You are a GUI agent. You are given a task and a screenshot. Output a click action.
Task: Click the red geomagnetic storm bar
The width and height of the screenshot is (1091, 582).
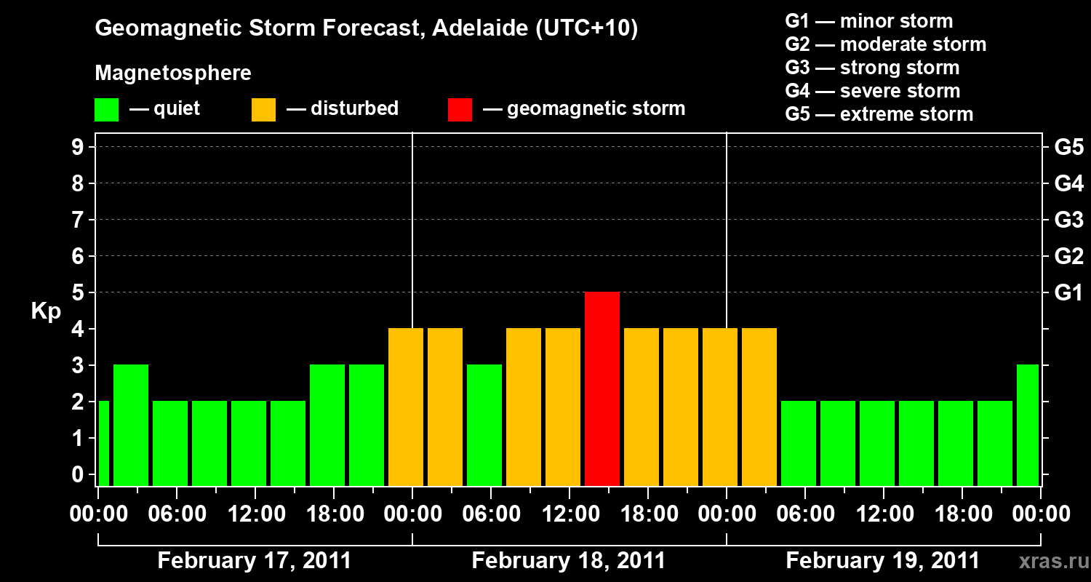click(602, 388)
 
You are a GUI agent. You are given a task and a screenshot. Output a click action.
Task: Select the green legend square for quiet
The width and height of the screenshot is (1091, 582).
click(106, 109)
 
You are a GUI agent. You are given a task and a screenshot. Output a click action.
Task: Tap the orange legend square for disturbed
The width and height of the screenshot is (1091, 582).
click(263, 109)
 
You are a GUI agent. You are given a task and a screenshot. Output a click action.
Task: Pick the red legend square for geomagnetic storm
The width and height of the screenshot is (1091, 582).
click(460, 109)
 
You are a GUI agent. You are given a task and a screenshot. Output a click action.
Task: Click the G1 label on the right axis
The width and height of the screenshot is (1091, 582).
click(1068, 292)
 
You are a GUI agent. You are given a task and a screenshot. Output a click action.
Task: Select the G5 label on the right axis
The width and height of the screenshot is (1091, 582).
click(1068, 148)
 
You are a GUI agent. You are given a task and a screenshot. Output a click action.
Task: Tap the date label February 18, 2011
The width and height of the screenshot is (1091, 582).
click(569, 561)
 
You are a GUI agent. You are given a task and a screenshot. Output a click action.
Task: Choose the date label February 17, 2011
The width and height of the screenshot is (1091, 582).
click(255, 561)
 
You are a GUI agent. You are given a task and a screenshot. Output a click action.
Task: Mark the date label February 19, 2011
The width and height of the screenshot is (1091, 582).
click(883, 561)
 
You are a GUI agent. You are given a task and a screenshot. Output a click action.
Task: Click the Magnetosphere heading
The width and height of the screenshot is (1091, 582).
click(173, 73)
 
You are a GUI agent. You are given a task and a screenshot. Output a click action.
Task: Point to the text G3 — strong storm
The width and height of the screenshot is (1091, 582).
click(872, 68)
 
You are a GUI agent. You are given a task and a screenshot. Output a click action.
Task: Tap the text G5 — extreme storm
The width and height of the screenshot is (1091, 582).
click(879, 114)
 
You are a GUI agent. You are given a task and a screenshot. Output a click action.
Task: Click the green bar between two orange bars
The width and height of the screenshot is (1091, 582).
click(484, 425)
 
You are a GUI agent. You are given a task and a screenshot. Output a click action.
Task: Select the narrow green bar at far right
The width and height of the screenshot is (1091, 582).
click(1028, 425)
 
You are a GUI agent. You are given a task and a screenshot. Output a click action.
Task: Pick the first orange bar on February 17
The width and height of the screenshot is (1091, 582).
click(406, 407)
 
